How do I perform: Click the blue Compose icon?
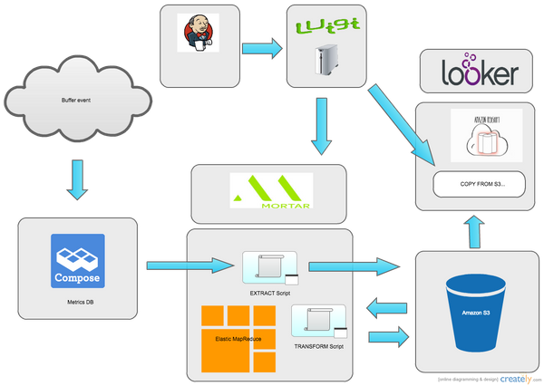coord(77,260)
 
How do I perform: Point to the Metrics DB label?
coord(77,302)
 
